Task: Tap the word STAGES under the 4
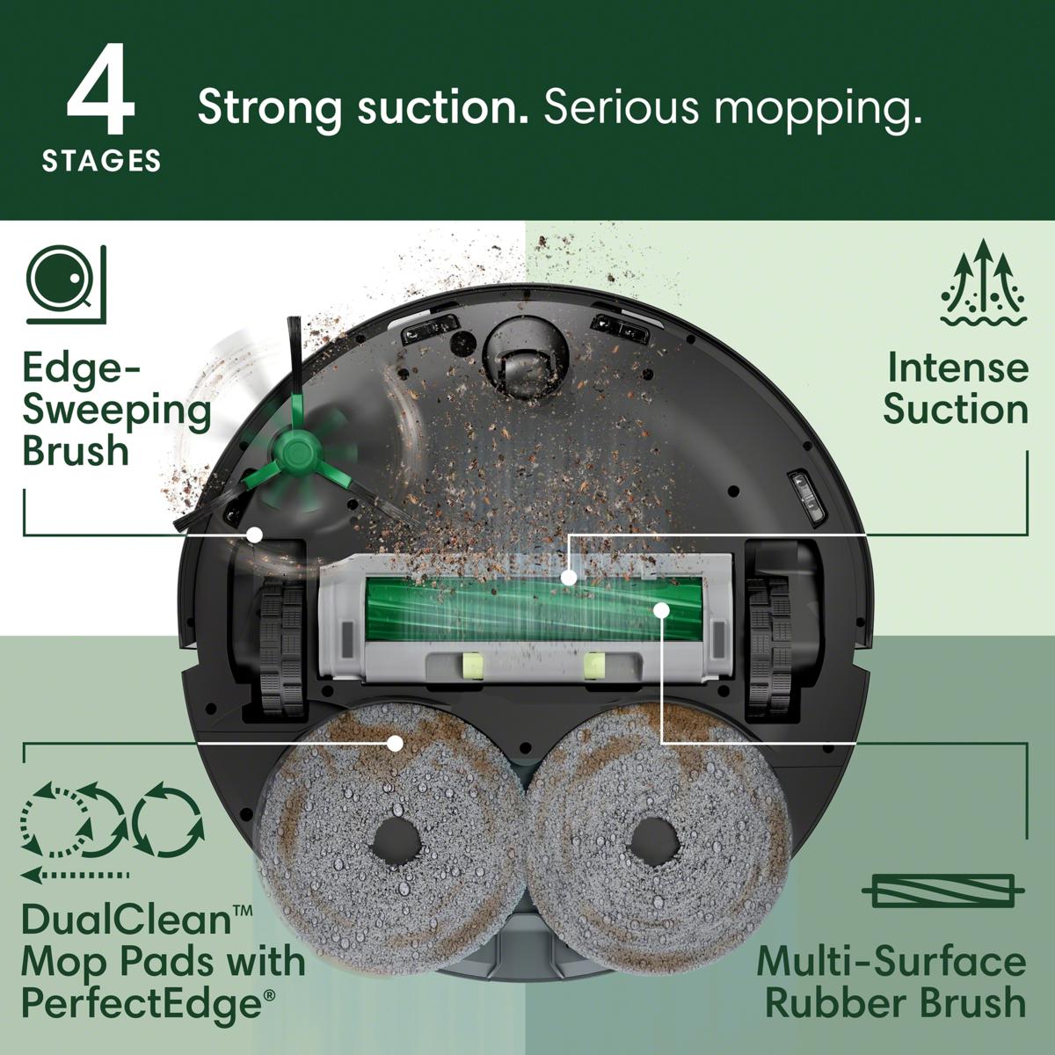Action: pos(101,161)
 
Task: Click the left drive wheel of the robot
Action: pos(280,646)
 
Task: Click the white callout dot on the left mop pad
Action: pos(395,743)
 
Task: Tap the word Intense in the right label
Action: pos(957,367)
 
